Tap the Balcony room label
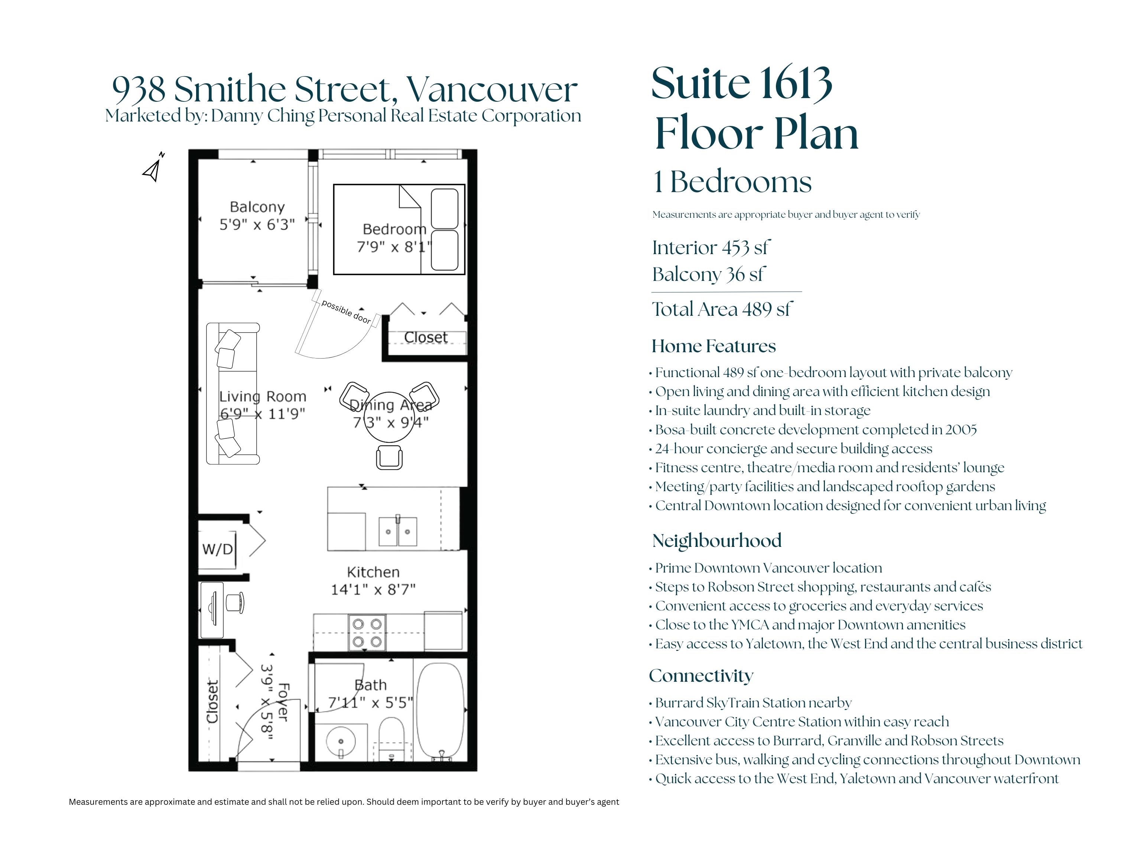257,207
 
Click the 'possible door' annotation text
346,312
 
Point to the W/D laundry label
218,549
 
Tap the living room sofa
233,394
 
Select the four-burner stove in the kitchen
367,633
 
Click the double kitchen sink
398,531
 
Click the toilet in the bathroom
391,739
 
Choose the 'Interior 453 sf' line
711,248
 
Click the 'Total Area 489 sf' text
722,309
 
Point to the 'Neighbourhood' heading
716,541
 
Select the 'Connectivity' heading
701,675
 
